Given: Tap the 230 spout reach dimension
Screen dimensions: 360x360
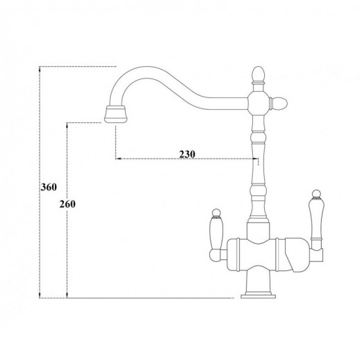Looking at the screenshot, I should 186,154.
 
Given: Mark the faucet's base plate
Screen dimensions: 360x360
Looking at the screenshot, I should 256,296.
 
